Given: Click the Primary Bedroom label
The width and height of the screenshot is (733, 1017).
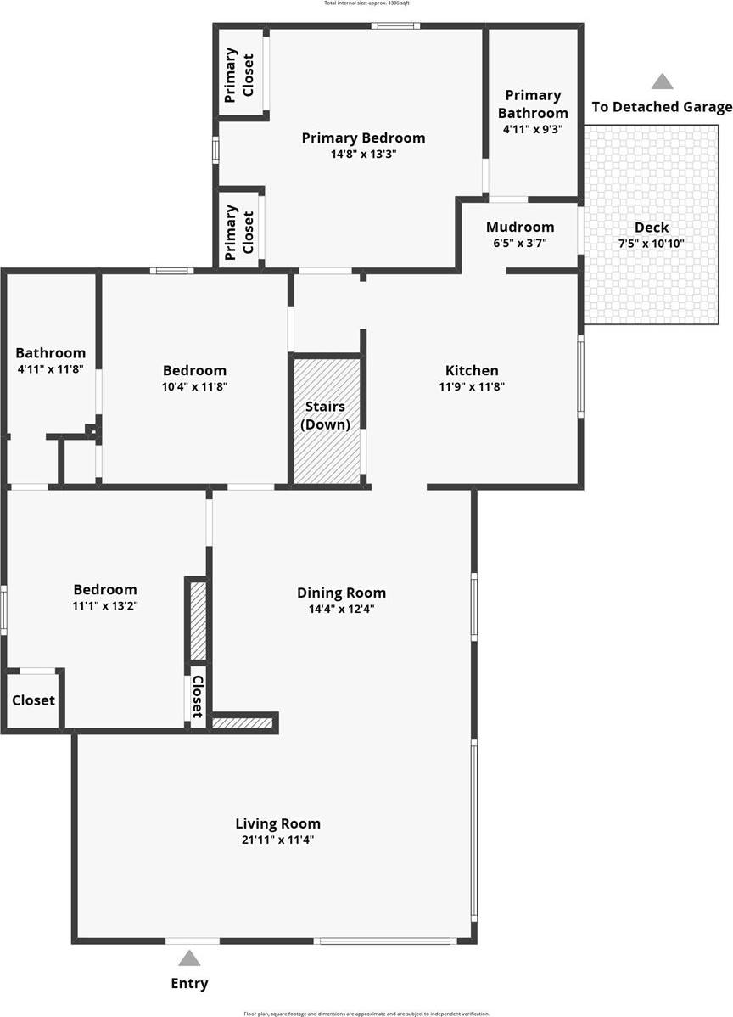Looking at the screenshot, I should point(363,138).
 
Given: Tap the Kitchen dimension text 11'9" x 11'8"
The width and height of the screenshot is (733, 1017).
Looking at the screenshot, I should point(472,386).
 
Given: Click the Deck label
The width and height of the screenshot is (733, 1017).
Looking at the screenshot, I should point(652,228).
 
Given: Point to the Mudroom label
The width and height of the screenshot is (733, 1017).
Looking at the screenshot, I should point(520,227).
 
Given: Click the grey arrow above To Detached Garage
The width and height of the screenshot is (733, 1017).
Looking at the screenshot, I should point(662,81).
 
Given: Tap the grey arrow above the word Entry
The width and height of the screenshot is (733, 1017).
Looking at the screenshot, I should point(189,958).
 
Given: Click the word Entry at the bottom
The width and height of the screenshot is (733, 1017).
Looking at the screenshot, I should point(189,984).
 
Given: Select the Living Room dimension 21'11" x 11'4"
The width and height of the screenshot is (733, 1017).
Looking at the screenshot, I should point(277,840).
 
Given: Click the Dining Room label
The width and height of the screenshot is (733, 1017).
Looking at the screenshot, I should point(341,593).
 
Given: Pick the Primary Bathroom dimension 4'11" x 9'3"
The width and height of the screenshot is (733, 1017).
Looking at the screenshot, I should point(533,130).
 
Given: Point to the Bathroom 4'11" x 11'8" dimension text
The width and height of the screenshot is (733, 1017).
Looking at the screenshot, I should point(50,369).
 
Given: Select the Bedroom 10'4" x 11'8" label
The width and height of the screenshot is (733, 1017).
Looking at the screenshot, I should point(194,370).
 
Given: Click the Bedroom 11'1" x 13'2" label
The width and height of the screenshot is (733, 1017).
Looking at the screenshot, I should point(104,589).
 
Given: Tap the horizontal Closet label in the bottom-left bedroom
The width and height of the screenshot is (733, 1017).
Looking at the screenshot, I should point(33,700).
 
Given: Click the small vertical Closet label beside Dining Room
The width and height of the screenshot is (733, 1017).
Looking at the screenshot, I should point(198,696).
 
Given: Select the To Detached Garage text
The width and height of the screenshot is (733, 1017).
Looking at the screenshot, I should point(662,107).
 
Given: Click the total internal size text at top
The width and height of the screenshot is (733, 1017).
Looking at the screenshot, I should point(366,3).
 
